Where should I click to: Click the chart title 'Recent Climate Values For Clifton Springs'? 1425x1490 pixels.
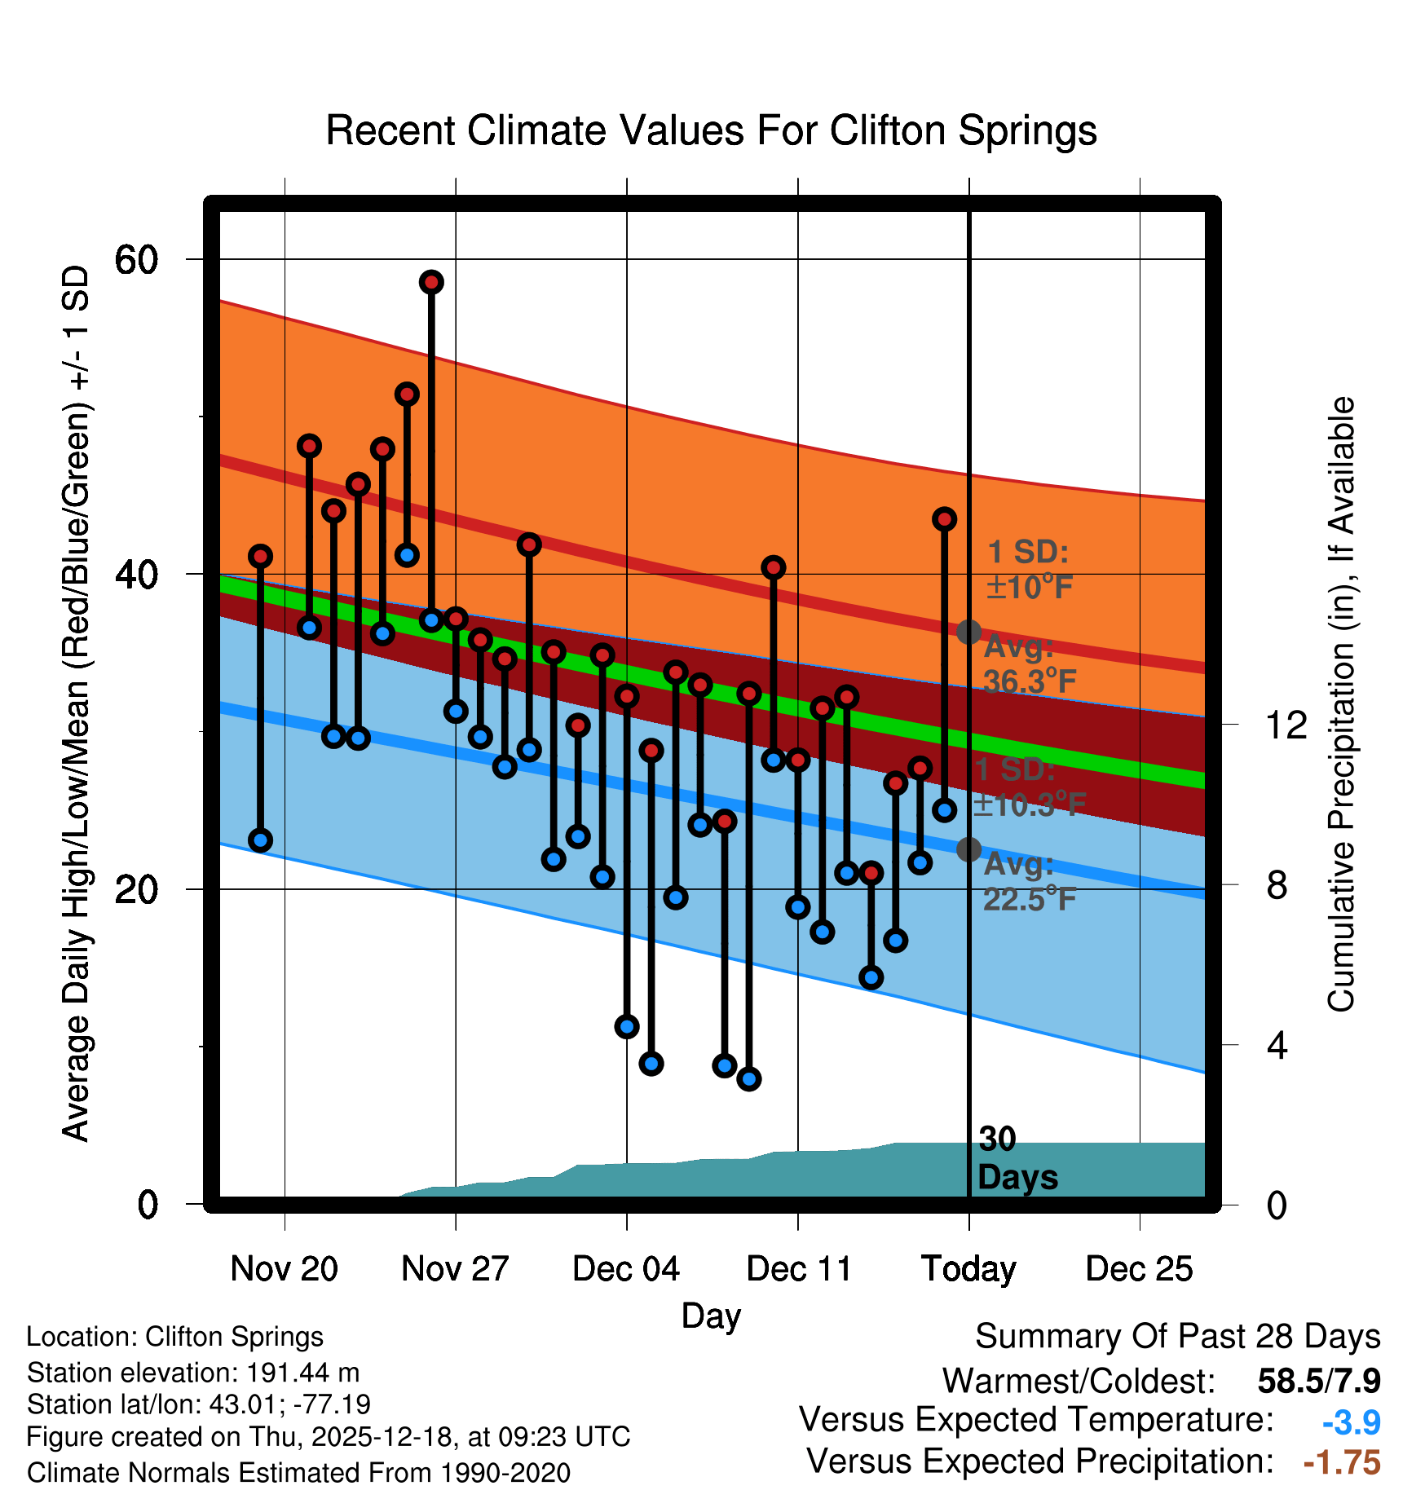[x=711, y=131]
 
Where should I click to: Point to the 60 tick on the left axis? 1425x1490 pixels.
[x=136, y=260]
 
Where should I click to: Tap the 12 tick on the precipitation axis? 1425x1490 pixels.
[x=1286, y=725]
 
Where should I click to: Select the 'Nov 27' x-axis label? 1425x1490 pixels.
[x=455, y=1269]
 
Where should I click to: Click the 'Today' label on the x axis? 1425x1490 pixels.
[x=968, y=1269]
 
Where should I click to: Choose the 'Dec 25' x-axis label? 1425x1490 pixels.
[x=1139, y=1269]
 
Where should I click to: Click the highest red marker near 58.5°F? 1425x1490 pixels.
[x=431, y=282]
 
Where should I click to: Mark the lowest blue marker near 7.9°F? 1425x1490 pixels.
[x=749, y=1078]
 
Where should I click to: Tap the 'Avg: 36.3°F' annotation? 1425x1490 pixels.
[x=1029, y=664]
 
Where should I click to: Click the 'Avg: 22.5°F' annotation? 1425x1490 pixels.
[x=1029, y=882]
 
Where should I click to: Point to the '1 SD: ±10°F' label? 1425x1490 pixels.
[x=1029, y=570]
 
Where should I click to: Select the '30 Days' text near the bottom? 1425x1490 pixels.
[x=1017, y=1159]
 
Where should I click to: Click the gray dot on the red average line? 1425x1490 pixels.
[x=968, y=632]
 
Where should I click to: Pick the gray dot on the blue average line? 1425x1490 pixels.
[x=968, y=849]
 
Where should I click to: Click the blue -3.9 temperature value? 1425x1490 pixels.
[x=1351, y=1422]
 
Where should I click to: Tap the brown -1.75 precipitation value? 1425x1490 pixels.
[x=1342, y=1462]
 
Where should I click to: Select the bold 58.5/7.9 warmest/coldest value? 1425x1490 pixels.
[x=1318, y=1381]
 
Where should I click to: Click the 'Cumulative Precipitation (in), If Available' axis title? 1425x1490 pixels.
[x=1341, y=704]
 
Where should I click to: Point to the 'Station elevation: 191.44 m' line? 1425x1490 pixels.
[x=193, y=1373]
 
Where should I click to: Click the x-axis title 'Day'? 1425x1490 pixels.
[x=711, y=1316]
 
